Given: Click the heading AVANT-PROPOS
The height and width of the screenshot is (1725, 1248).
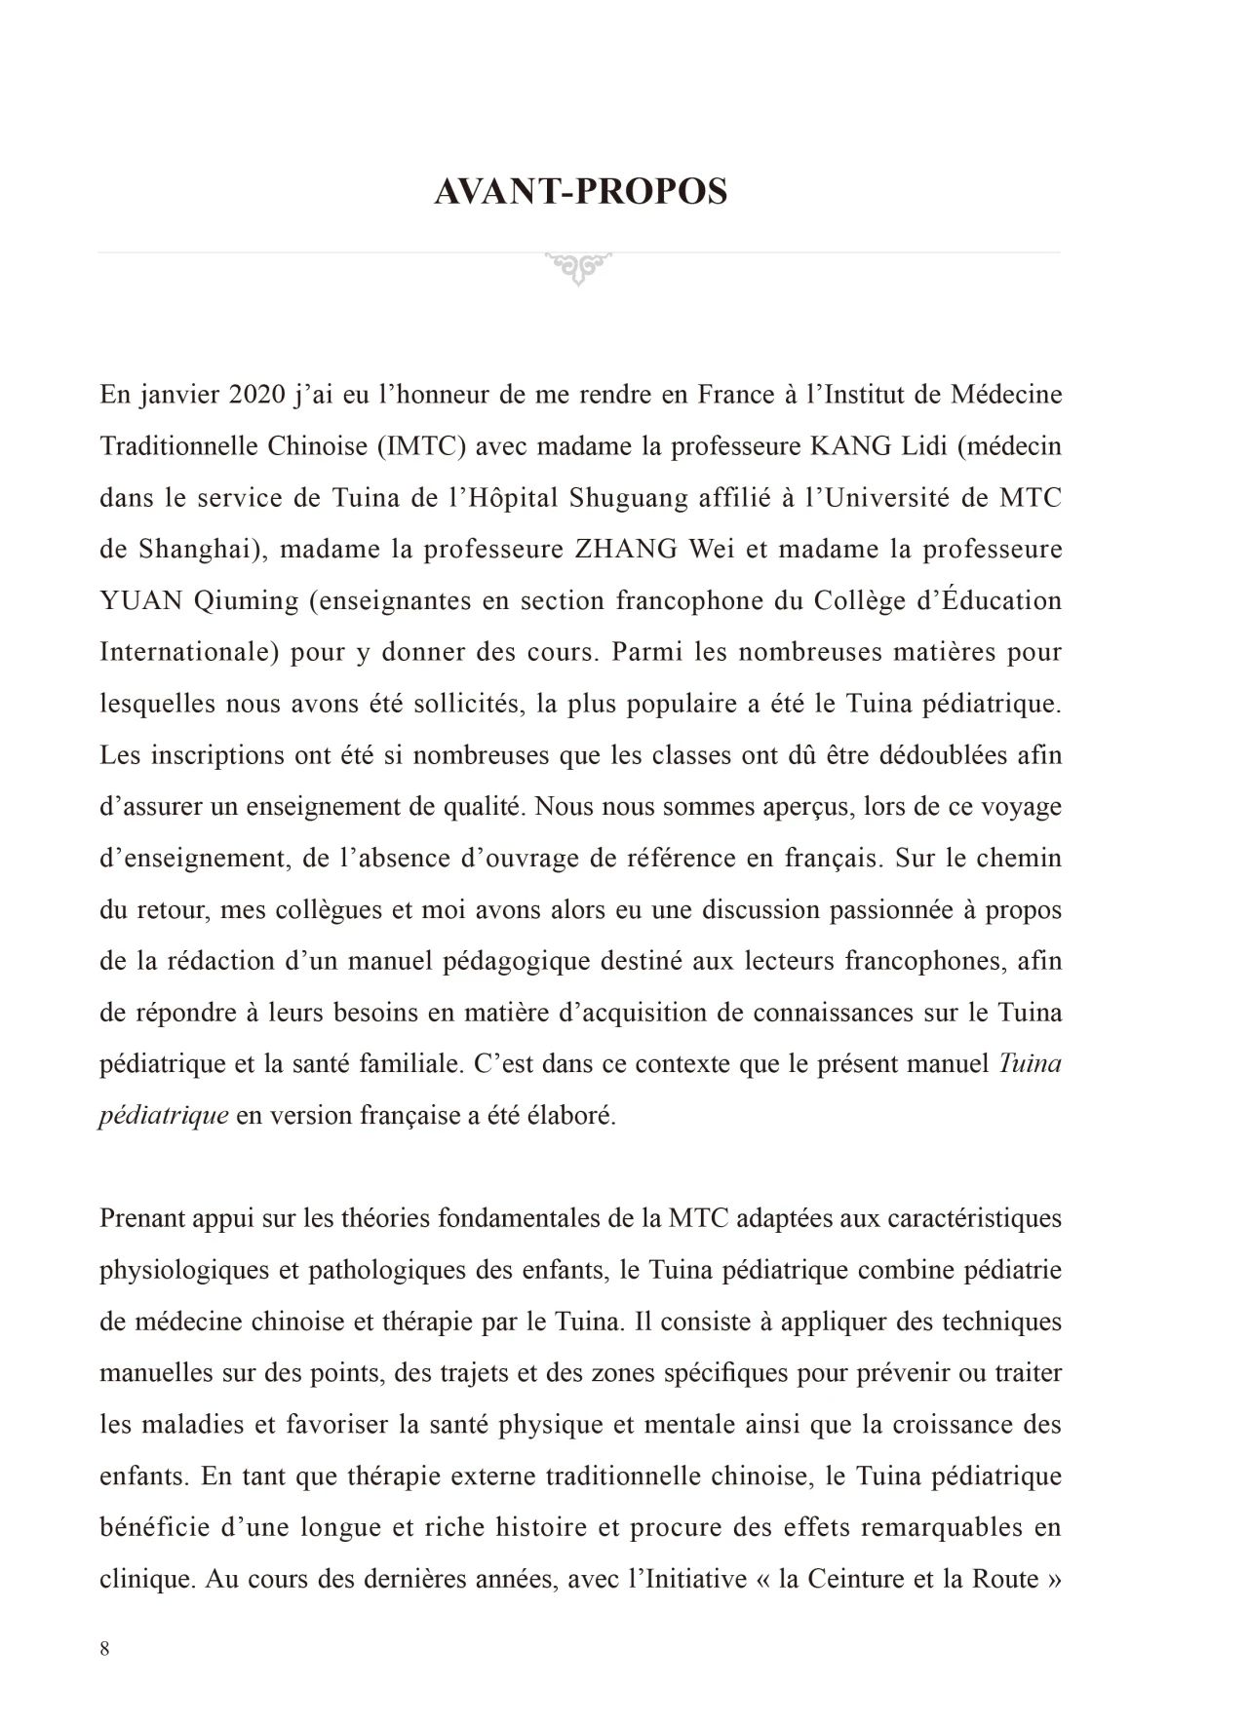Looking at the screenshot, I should [580, 192].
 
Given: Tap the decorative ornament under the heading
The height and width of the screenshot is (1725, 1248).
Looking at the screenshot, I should [579, 267].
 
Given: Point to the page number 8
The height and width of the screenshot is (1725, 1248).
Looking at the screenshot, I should [104, 1649].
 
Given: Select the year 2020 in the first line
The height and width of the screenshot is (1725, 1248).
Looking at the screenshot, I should [258, 396].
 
